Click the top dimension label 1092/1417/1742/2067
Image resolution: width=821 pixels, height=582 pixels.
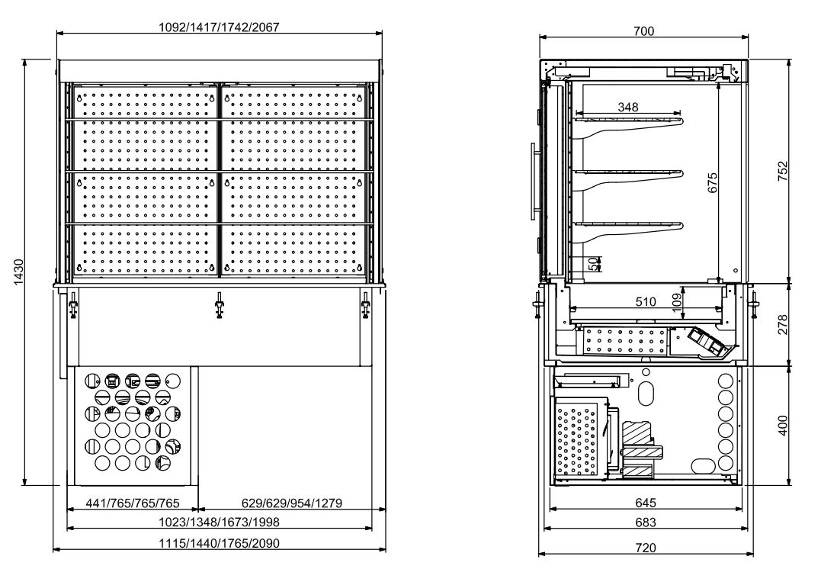pyautogui.click(x=219, y=27)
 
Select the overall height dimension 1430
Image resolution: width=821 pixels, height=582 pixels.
pyautogui.click(x=20, y=272)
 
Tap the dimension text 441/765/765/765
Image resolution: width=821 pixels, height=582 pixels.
pyautogui.click(x=133, y=503)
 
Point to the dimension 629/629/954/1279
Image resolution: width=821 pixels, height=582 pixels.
pyautogui.click(x=291, y=503)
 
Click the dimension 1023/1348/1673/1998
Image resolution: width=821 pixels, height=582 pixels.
pyautogui.click(x=219, y=523)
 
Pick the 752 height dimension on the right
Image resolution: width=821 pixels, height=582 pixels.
pyautogui.click(x=783, y=172)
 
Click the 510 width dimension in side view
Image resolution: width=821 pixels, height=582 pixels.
pyautogui.click(x=645, y=301)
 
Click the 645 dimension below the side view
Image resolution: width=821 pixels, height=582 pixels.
pyautogui.click(x=645, y=503)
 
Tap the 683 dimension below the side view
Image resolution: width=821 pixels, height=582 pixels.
pyautogui.click(x=645, y=523)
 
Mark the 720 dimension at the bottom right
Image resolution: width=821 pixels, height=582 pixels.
pyautogui.click(x=645, y=547)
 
